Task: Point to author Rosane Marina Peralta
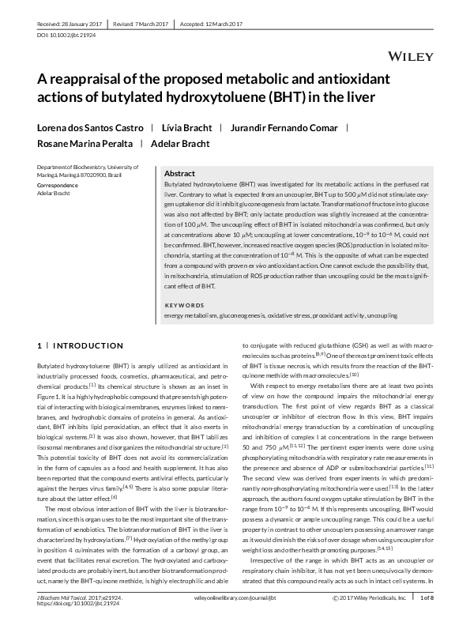[82, 143]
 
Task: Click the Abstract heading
[179, 173]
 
